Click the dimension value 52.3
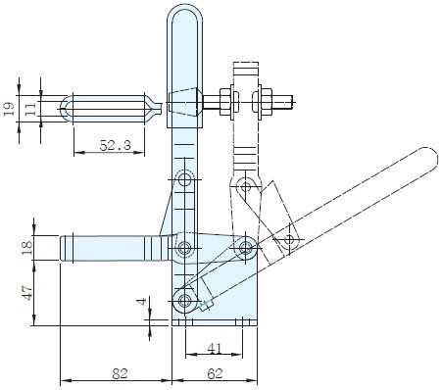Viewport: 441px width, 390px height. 115,145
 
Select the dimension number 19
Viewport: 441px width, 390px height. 9,109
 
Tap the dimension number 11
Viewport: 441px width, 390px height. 30,109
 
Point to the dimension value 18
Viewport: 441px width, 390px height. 27,248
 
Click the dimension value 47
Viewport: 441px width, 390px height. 27,293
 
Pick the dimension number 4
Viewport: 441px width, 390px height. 142,301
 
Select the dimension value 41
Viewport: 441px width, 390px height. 215,349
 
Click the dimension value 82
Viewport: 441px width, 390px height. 120,373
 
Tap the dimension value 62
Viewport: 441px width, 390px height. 215,373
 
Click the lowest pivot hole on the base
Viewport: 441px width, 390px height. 184,300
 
